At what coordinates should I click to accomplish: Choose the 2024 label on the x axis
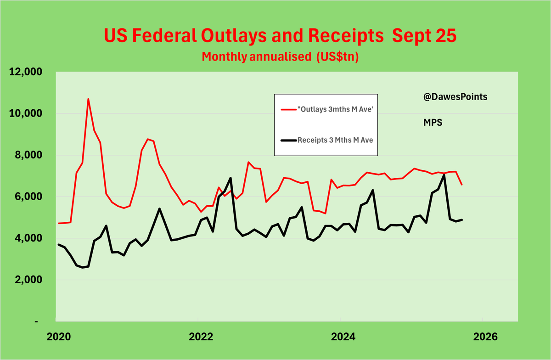(x=342, y=337)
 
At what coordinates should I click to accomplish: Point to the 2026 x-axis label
(x=484, y=337)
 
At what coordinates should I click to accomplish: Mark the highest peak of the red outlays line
(x=88, y=99)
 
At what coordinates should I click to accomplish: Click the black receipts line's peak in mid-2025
(x=444, y=174)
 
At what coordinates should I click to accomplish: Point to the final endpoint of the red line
(x=462, y=185)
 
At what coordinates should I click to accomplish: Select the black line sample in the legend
(x=287, y=141)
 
